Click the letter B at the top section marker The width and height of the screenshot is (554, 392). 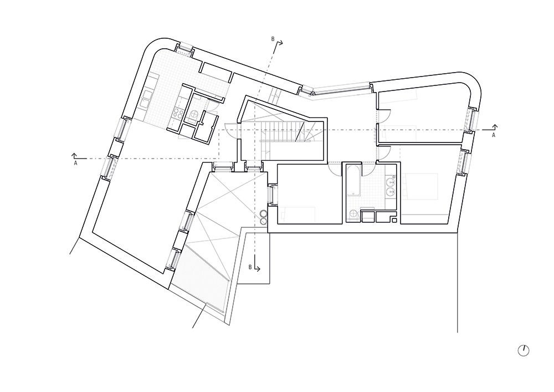point(273,39)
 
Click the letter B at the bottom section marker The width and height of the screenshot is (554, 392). point(250,267)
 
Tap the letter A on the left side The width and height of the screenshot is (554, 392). point(75,164)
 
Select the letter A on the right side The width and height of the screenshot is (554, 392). point(494,135)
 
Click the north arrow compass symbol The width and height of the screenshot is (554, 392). point(524,350)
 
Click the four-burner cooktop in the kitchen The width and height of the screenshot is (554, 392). point(178,113)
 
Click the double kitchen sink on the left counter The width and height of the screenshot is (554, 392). point(146,99)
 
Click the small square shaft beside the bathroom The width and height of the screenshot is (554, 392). point(394,221)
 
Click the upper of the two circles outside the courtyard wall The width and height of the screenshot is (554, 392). point(264,214)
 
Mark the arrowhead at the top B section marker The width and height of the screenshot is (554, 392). point(281,43)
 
